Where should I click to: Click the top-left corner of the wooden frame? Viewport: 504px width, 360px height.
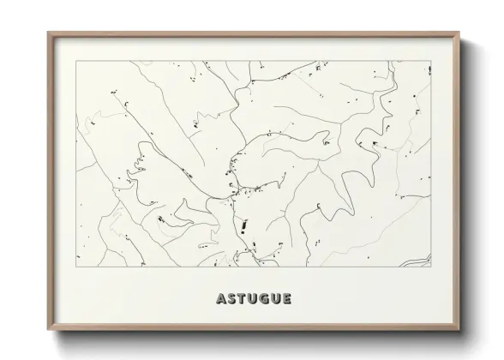48,33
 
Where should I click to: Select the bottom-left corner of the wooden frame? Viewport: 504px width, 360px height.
48,332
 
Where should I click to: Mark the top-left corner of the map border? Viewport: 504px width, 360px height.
76,61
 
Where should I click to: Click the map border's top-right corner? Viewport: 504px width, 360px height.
431,61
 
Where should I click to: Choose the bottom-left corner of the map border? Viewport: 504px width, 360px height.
76,267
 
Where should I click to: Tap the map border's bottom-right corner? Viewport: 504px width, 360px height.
431,267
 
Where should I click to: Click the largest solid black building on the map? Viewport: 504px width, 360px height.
243,225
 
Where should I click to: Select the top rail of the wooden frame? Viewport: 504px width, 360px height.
254,34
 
